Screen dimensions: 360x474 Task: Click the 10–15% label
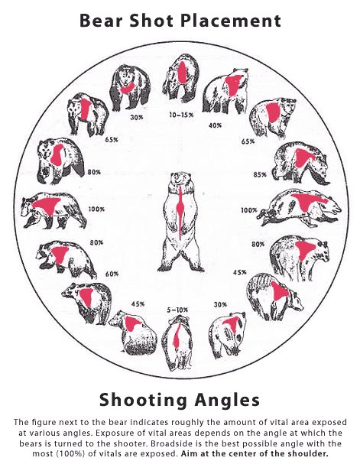tap(181, 115)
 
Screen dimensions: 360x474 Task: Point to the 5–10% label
tap(177, 310)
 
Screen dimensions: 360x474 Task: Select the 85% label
tap(260, 174)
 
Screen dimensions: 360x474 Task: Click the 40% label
tap(215, 125)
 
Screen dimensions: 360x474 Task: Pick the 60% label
tap(112, 274)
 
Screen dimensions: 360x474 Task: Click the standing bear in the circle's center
tap(180, 221)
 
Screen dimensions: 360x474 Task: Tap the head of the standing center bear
tap(180, 180)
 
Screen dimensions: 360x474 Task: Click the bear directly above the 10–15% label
tap(180, 79)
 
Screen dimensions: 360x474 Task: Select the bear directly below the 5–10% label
tap(178, 343)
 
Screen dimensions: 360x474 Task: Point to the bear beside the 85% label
tap(300, 164)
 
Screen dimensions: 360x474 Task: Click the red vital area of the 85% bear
tap(303, 157)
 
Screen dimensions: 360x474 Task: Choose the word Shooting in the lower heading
tap(143, 400)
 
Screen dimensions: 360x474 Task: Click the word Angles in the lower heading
tap(227, 400)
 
